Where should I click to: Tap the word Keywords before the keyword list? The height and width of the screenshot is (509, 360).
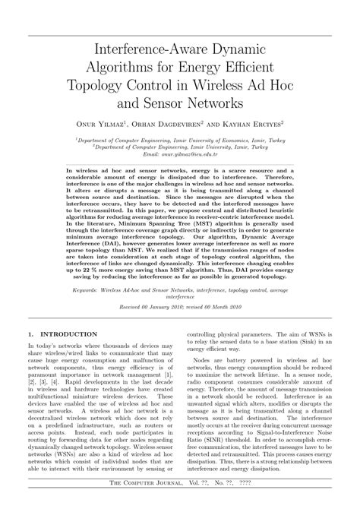point(87,269)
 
